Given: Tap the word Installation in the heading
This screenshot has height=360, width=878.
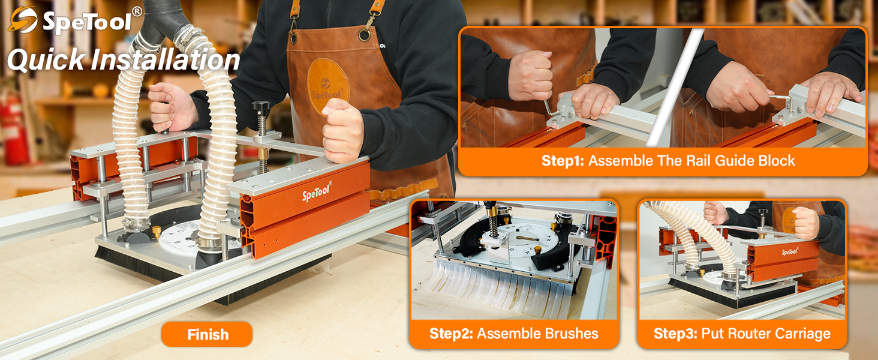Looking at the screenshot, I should point(171,61).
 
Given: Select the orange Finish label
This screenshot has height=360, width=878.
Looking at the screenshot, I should point(207,335).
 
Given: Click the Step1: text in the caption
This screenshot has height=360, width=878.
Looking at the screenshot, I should point(563,161).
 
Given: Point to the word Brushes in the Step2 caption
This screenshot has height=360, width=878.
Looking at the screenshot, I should point(569,334).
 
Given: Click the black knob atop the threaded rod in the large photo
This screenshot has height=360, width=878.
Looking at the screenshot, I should point(261,108).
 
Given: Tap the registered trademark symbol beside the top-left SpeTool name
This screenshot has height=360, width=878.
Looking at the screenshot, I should point(137,11).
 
